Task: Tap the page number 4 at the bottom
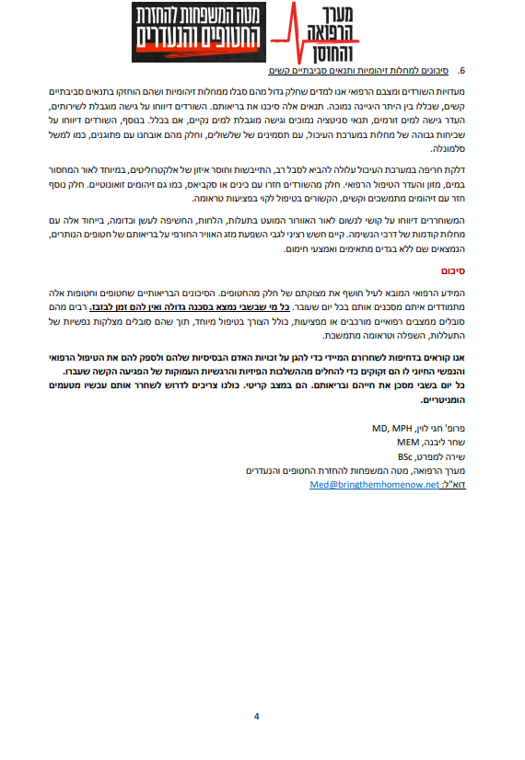pos(257,715)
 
